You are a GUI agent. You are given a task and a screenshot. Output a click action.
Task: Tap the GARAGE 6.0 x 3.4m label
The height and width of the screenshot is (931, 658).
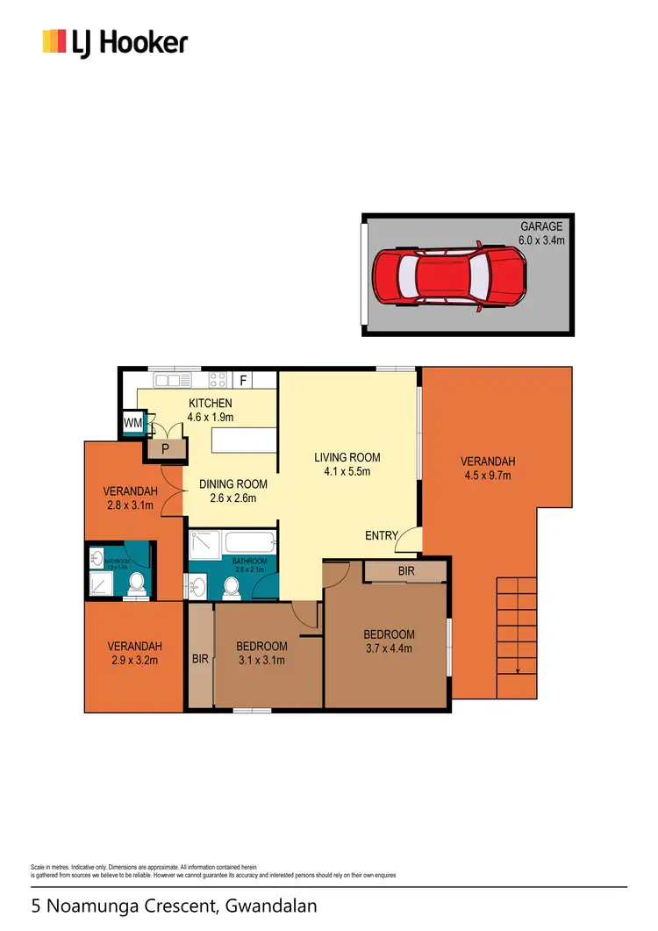coord(541,233)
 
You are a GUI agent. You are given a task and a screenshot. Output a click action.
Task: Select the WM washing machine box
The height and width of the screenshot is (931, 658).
coord(133,424)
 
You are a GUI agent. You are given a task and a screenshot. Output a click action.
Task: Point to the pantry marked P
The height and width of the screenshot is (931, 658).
coord(165,448)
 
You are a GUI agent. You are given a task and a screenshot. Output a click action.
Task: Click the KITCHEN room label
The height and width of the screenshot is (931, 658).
coord(211,404)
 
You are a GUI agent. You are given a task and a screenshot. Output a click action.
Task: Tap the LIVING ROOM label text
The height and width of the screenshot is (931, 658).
coord(347,457)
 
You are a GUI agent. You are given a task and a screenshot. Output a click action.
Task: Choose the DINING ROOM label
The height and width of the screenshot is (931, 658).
coord(232,484)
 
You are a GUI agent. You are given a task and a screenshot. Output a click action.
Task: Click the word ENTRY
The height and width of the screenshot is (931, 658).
coord(382,536)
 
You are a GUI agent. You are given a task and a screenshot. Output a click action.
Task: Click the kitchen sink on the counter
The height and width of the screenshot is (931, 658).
coord(168,380)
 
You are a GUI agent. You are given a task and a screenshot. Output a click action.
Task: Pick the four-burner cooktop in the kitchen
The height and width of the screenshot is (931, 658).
coord(217,380)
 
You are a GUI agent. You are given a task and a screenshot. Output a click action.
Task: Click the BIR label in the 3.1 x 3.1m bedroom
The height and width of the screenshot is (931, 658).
coord(200,658)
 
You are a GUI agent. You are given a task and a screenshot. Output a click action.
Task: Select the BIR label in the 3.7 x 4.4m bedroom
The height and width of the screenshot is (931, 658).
coord(405,571)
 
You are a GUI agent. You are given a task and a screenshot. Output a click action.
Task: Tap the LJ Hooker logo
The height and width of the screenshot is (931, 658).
coord(115,41)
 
